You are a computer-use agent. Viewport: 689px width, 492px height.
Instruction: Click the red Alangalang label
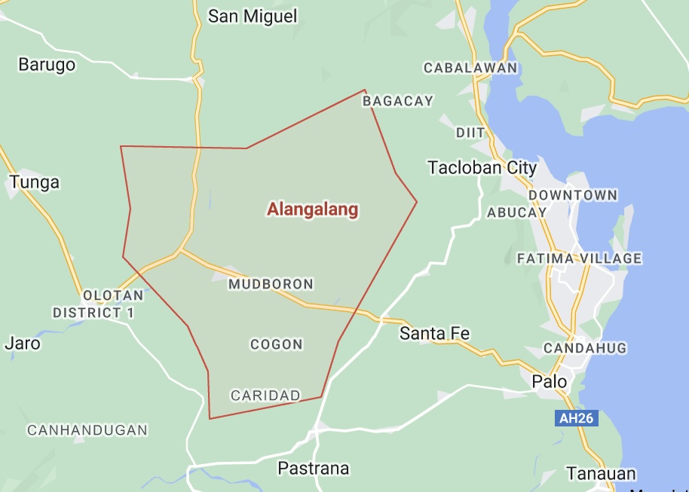(312, 209)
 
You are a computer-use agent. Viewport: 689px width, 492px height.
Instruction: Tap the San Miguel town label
(253, 16)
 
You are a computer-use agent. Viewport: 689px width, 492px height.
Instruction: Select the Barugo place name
(47, 64)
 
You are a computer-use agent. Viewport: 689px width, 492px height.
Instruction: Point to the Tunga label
(34, 182)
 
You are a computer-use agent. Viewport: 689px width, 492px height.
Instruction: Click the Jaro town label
(23, 343)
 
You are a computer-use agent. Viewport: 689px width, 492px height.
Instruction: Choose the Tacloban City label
(482, 167)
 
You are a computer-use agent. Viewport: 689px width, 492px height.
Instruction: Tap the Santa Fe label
(435, 332)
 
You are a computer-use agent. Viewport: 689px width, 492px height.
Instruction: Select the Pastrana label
(314, 468)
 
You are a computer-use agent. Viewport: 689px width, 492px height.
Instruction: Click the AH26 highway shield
(576, 418)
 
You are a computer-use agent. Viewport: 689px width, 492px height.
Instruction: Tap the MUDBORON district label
(271, 284)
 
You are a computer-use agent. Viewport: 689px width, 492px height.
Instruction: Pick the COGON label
(277, 344)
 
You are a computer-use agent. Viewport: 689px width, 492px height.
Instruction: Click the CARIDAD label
(265, 395)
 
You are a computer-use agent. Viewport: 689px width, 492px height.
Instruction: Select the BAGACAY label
(398, 101)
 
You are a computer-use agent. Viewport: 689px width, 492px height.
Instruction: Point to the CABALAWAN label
(470, 68)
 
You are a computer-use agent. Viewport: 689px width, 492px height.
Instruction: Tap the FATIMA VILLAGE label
(579, 258)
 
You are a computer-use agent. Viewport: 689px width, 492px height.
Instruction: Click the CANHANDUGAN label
(87, 430)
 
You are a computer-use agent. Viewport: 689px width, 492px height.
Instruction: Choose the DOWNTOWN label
(573, 195)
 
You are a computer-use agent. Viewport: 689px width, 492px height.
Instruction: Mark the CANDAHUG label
(574, 348)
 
